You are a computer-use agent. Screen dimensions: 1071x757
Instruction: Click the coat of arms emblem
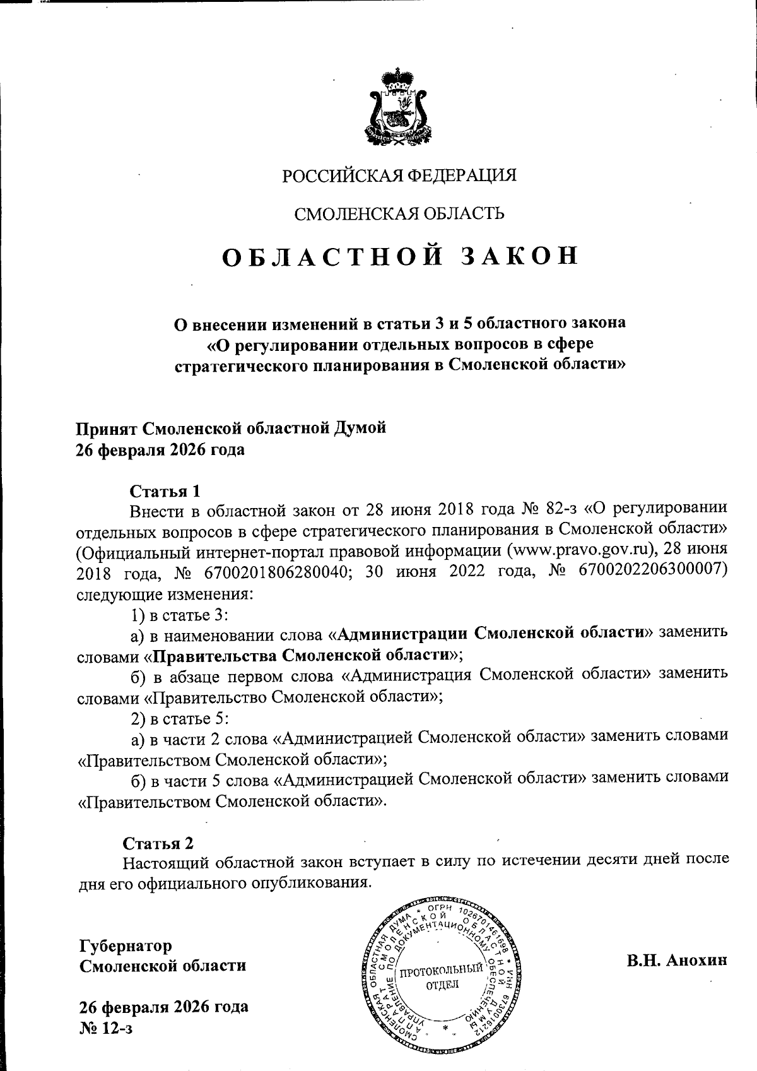tap(399, 105)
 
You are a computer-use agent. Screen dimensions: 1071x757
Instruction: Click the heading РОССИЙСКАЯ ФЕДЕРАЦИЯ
tap(399, 175)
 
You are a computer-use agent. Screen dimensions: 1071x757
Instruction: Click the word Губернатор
tap(125, 946)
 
